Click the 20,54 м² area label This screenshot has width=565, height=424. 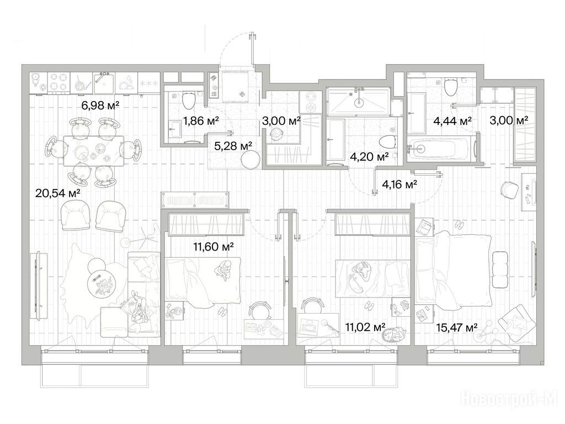57,193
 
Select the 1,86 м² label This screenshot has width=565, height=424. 201,120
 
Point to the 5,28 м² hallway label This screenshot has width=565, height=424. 233,146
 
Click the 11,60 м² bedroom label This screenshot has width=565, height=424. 214,247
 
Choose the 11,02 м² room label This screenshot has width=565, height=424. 365,327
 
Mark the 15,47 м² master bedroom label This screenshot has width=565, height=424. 457,327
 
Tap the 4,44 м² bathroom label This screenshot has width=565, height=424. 452,121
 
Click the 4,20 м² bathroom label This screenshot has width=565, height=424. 369,156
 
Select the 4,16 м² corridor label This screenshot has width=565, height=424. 399,184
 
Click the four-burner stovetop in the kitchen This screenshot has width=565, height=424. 58,82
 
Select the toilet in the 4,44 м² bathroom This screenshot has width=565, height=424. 450,87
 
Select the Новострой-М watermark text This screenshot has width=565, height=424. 509,400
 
